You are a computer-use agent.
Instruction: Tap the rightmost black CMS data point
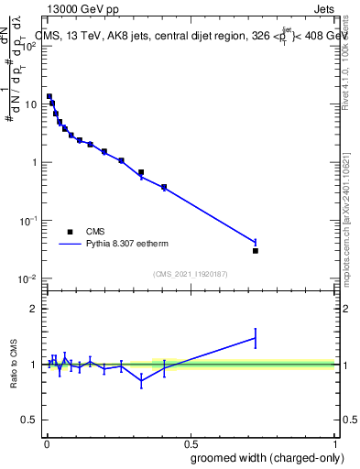256,250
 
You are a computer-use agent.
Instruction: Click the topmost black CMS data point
49,96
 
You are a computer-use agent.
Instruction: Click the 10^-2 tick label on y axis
27,279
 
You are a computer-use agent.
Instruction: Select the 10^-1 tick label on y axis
27,221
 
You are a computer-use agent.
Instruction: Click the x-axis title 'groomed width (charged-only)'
260,456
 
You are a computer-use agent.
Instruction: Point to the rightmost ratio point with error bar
256,338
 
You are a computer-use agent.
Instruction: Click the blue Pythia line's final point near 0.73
256,243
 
